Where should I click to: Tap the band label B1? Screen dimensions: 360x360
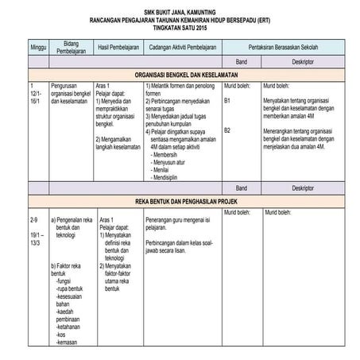tap(227, 101)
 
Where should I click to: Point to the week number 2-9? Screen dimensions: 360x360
tap(35, 219)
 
